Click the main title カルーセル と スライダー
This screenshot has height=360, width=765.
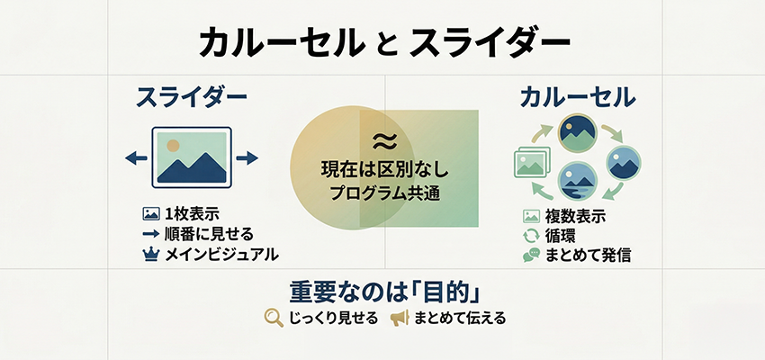pos(383,42)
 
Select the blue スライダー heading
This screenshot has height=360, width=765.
pos(191,98)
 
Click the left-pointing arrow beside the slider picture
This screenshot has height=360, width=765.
pos(136,157)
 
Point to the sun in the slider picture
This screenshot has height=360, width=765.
pos(174,144)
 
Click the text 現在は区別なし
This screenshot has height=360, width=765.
pos(384,168)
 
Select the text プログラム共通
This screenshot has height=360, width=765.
pos(384,193)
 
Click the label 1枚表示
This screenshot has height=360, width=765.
pos(192,214)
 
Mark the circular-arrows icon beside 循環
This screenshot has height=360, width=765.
pos(531,236)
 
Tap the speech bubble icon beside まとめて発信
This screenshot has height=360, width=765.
pos(531,255)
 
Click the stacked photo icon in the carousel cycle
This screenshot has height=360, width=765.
pos(529,164)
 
